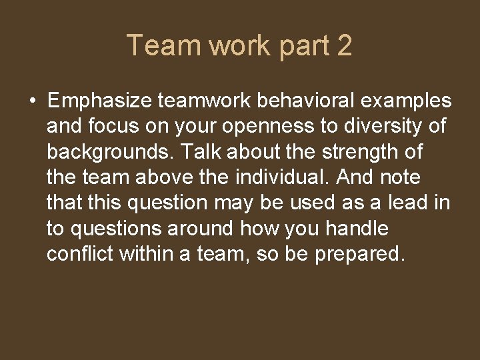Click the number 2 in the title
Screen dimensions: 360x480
point(344,46)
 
